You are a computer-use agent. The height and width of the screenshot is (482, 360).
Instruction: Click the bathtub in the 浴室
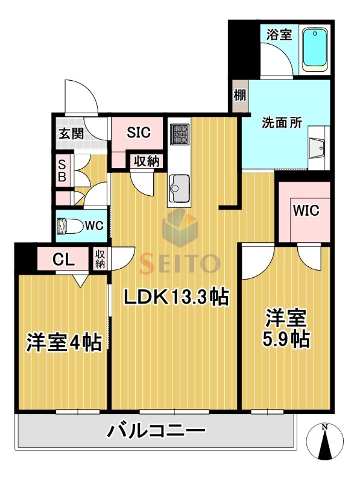coord(314,48)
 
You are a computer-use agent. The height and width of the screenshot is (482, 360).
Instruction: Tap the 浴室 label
coord(279,34)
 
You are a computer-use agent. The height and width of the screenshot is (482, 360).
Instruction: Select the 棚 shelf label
coord(239,96)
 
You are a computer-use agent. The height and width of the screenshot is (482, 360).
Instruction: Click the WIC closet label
coord(306,211)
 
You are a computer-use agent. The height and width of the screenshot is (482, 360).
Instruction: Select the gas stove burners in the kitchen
coord(180,134)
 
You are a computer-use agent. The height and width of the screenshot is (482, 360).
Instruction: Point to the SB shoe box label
coord(62,170)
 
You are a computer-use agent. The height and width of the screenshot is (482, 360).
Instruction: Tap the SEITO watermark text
coord(180,263)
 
